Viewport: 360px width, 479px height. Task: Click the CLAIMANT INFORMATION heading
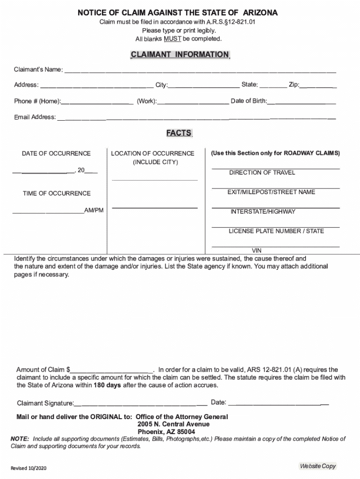tap(180, 55)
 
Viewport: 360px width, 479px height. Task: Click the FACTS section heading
tap(179, 133)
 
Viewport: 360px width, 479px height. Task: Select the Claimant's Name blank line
tap(200, 72)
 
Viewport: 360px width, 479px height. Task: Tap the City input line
tap(203, 87)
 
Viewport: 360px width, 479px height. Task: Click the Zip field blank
tap(318, 87)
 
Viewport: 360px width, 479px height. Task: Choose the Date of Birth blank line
tap(302, 103)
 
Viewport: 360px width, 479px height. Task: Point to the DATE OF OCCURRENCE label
tap(56, 153)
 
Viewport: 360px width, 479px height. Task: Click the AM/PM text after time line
tap(94, 211)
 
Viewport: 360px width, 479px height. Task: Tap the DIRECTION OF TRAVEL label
tap(262, 173)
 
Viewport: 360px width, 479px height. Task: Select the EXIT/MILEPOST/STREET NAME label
tap(271, 192)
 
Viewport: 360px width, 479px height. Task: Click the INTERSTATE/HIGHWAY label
tap(263, 211)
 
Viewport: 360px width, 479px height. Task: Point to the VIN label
tap(257, 251)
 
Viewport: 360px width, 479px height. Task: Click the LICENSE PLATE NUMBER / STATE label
tap(276, 231)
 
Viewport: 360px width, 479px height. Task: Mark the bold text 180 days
tap(107, 385)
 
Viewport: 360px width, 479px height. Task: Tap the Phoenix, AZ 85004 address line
tap(166, 432)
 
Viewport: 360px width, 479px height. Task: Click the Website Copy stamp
tap(318, 466)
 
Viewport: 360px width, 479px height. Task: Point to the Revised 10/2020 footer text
tap(29, 468)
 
